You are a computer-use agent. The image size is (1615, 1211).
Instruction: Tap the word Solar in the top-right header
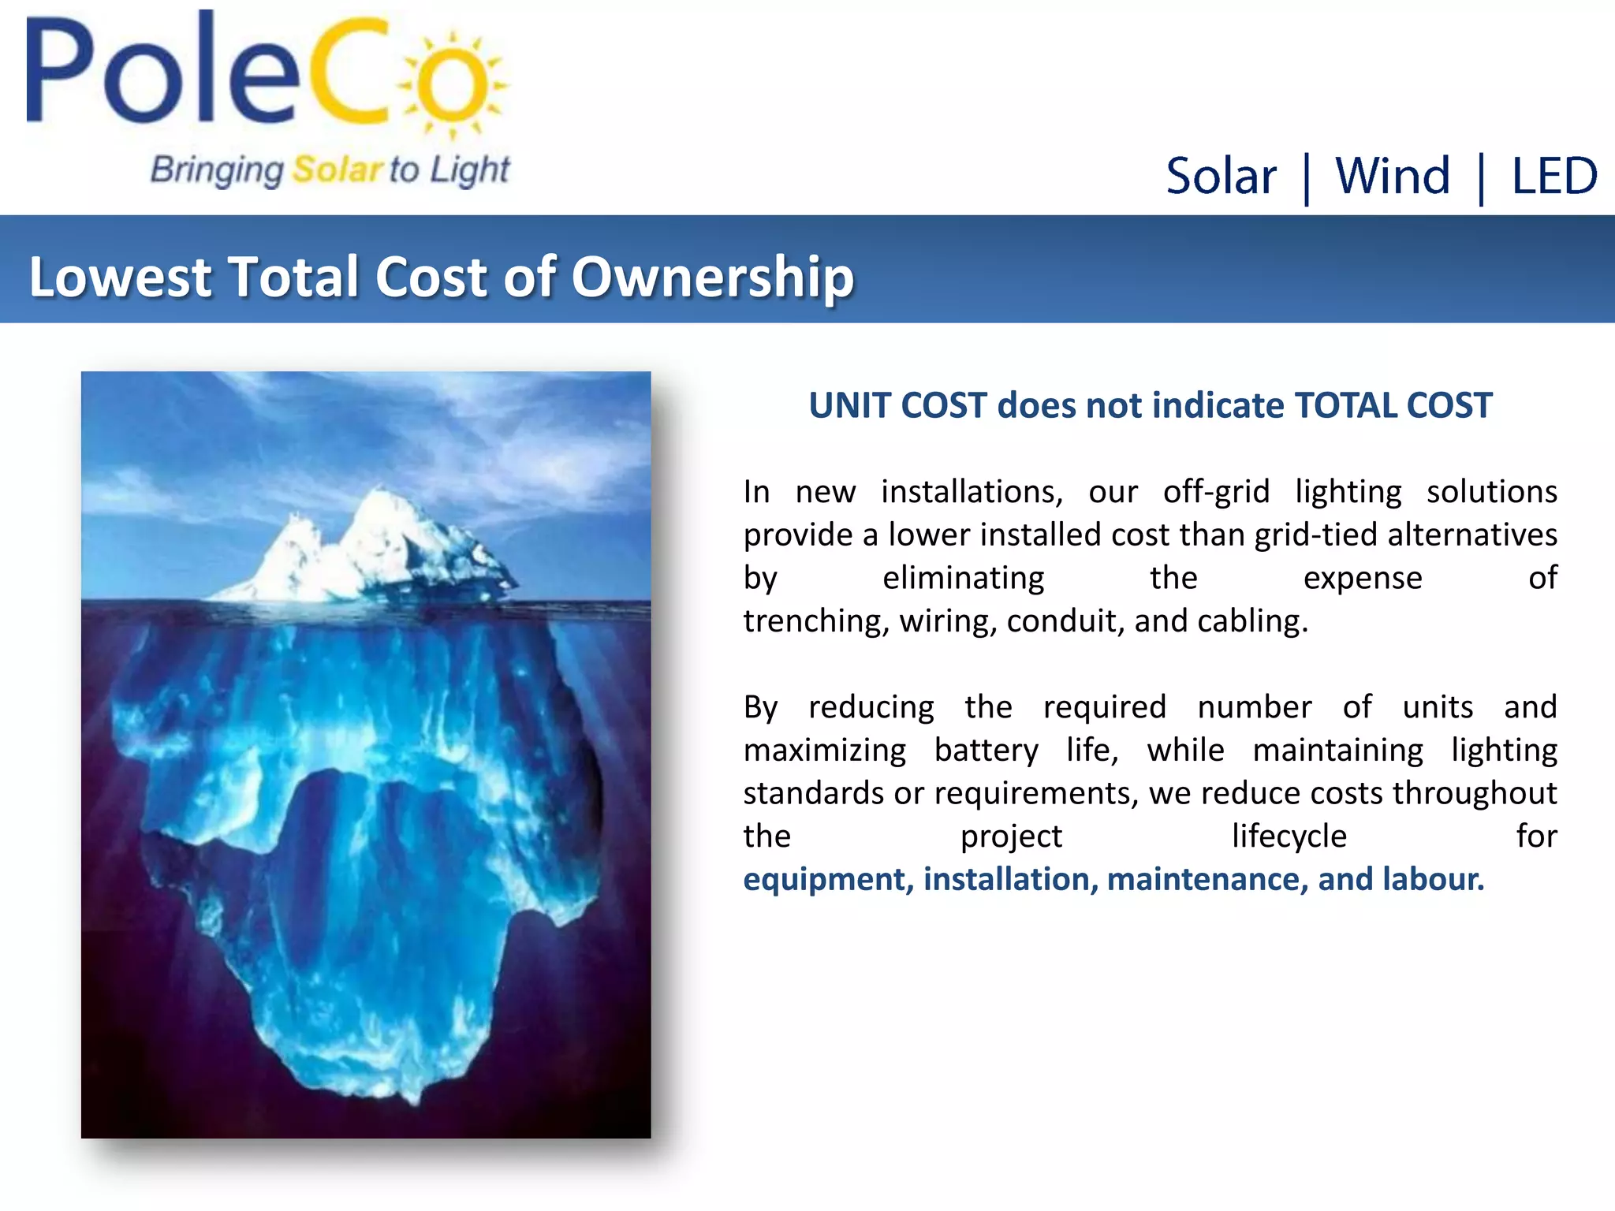point(1221,176)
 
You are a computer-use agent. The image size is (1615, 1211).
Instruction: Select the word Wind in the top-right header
point(1393,176)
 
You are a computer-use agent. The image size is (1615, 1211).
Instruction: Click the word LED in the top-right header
point(1554,176)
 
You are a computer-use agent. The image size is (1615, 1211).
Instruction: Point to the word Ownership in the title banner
point(712,278)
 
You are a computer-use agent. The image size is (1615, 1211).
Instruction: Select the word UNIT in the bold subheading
point(850,405)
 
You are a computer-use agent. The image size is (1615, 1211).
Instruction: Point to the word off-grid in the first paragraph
point(1216,492)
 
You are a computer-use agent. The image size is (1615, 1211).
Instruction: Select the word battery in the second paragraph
point(986,751)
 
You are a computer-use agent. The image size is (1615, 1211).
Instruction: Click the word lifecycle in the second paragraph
point(1289,837)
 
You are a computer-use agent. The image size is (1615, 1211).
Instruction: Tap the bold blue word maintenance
point(1203,880)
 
